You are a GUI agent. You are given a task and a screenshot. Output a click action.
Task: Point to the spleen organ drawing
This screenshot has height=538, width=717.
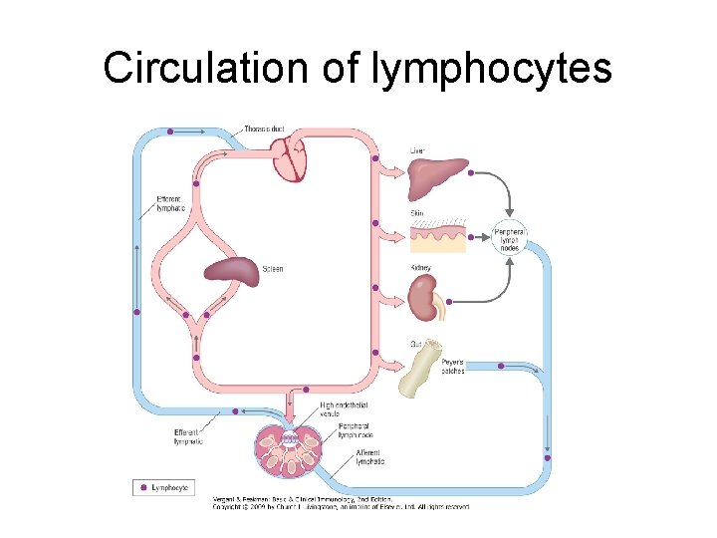pos(231,272)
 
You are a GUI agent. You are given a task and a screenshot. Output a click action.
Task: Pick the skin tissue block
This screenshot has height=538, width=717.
pos(437,238)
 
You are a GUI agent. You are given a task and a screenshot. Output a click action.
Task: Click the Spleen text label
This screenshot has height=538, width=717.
pos(273,269)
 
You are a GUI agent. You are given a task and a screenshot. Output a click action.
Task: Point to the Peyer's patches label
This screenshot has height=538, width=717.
pos(453,366)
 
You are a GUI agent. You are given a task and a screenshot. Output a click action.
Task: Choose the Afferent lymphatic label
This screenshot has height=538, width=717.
pos(369,457)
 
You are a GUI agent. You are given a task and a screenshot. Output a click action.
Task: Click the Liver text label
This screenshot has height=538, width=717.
pos(417,150)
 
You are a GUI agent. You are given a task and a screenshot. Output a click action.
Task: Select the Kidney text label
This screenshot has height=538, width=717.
pos(421,268)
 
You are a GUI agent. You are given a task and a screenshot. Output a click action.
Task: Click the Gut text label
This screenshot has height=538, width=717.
pos(416,344)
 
